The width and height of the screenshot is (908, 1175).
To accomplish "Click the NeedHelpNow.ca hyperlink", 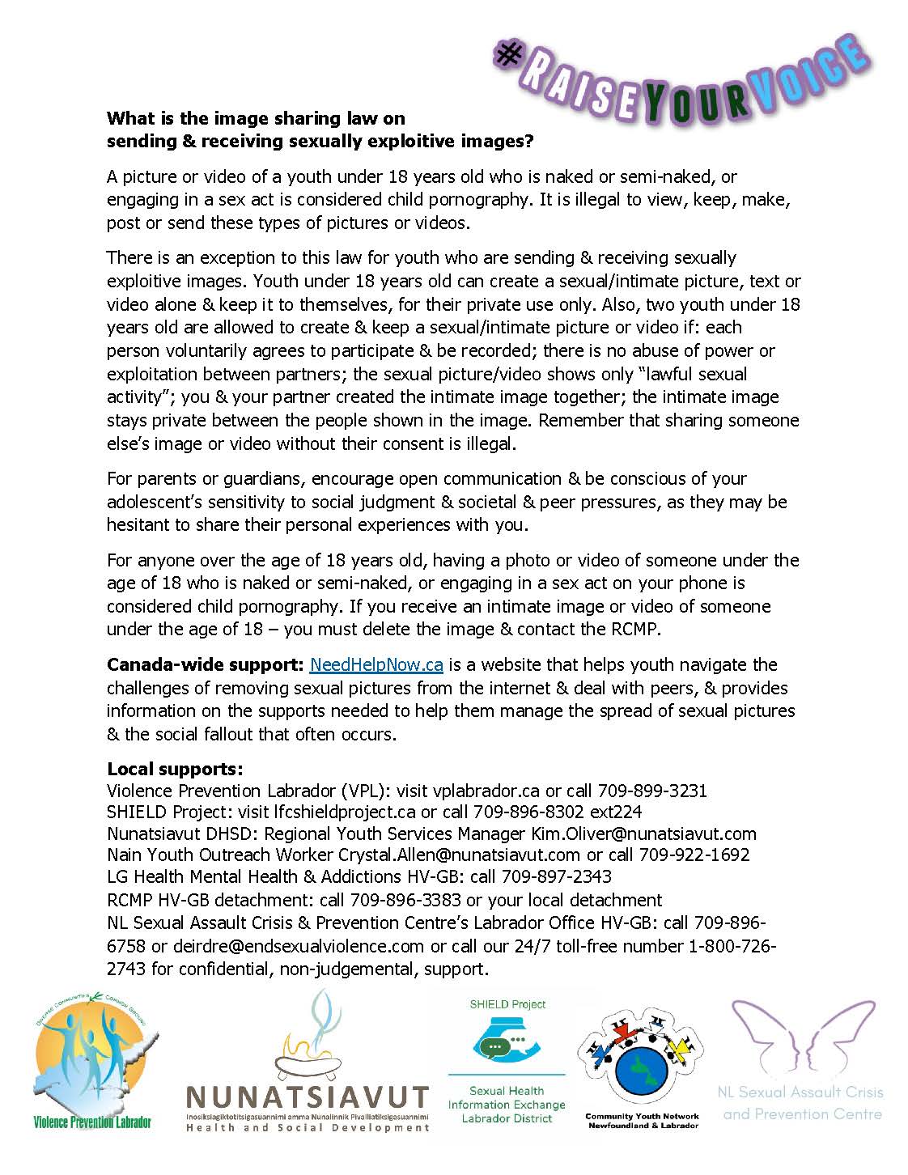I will [x=376, y=665].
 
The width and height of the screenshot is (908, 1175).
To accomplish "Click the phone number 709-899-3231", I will [x=652, y=791].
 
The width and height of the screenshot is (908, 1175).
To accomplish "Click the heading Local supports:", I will [x=175, y=769].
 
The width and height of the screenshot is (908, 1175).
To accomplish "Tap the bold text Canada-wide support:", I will [x=205, y=665].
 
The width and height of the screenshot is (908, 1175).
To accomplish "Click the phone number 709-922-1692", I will [x=694, y=855].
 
